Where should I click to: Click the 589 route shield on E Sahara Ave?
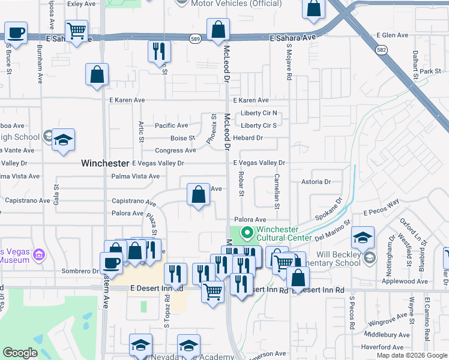196,38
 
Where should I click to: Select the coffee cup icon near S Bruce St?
16,32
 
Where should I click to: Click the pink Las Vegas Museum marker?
39,256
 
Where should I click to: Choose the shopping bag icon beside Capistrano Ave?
198,195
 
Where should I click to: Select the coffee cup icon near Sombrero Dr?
112,263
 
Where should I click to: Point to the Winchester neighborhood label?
105,163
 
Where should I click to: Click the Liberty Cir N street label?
258,113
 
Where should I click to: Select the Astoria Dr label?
316,181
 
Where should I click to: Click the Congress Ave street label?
175,151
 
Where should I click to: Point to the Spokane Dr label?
330,211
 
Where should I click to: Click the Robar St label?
241,184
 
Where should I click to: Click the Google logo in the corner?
20,353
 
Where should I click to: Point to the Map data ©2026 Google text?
411,355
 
